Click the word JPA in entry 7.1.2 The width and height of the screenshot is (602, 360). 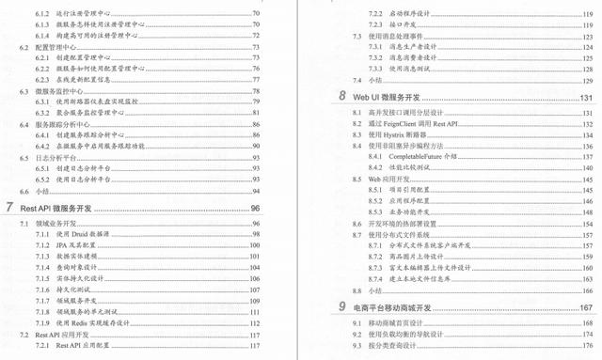(x=64, y=243)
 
